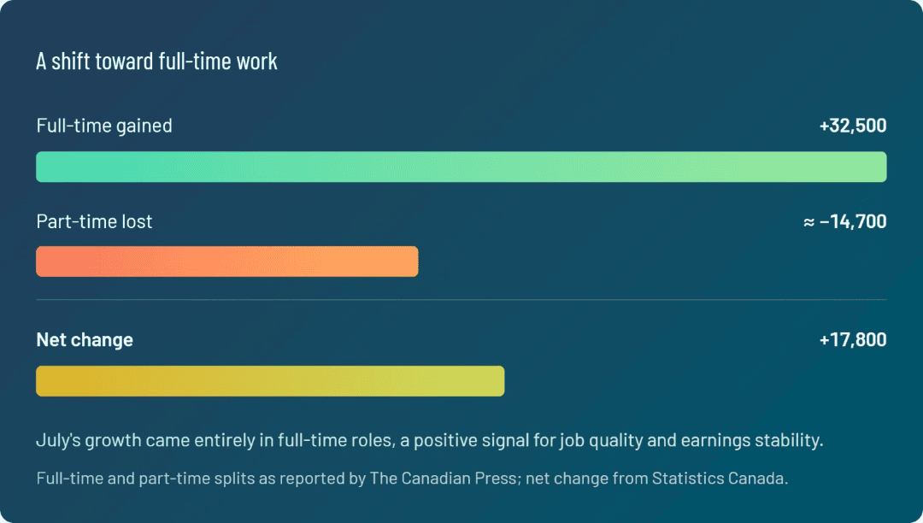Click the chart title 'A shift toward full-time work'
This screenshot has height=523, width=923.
[156, 62]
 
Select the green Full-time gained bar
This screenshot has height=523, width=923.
[461, 167]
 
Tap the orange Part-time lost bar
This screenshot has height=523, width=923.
[227, 261]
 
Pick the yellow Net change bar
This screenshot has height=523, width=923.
[270, 381]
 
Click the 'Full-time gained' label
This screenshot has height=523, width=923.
[104, 126]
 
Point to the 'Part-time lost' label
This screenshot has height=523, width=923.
[94, 221]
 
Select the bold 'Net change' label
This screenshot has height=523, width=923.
[85, 340]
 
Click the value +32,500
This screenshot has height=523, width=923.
[853, 126]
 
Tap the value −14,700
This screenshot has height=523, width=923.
[853, 222]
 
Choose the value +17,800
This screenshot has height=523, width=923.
[853, 340]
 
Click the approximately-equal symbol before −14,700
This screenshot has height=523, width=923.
[809, 222]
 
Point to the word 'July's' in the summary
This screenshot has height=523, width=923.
[59, 440]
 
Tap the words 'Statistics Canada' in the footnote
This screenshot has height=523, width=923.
[720, 479]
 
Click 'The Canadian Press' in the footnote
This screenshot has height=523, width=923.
[444, 479]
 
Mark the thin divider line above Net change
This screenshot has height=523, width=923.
[461, 300]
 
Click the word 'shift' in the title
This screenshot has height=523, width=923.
[69, 62]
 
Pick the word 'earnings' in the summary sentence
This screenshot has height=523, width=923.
[713, 441]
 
